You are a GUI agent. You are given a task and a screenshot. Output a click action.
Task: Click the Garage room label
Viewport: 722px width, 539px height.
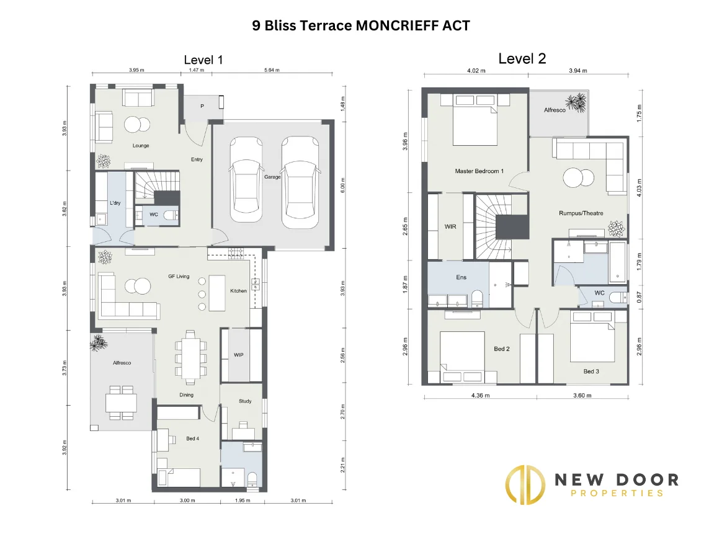(x=272, y=177)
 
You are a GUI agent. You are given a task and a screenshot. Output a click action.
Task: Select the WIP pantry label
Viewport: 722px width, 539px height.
(x=239, y=355)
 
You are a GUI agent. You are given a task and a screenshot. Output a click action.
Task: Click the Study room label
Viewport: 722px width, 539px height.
(x=245, y=401)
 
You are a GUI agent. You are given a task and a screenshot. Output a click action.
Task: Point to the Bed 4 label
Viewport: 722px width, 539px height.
(x=192, y=439)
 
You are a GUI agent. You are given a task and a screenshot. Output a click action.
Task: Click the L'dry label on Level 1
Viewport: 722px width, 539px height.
(x=115, y=203)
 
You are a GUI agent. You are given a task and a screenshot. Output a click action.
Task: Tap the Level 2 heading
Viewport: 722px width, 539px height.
(x=522, y=58)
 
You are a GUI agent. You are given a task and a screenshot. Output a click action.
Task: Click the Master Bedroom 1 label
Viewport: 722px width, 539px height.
(x=479, y=171)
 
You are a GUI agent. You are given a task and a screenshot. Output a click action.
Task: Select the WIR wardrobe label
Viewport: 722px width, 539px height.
(x=450, y=226)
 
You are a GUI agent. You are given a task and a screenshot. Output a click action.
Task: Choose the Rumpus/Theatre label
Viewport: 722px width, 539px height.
(x=581, y=213)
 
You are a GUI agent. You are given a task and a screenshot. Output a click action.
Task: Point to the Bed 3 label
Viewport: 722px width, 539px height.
(x=591, y=372)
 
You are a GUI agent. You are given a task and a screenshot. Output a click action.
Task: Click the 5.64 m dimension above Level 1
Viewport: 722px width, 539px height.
(x=270, y=70)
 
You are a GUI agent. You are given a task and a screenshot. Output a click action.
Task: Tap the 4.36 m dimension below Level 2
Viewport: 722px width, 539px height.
(x=479, y=395)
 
